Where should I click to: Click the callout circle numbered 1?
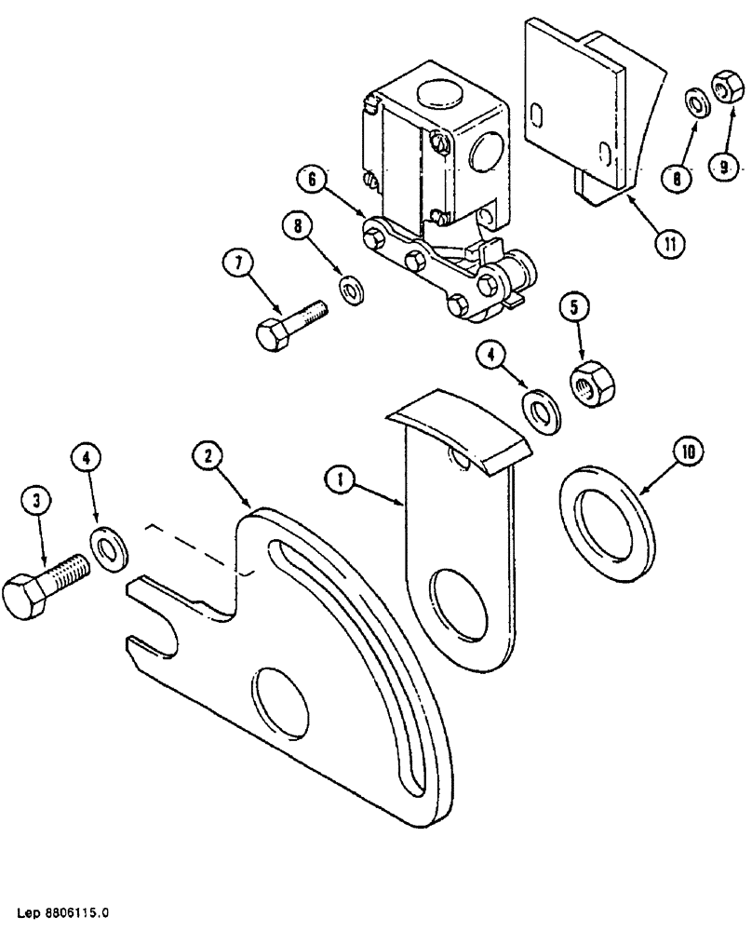342,480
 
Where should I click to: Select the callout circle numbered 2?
208,455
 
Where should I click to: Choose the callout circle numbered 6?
314,179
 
